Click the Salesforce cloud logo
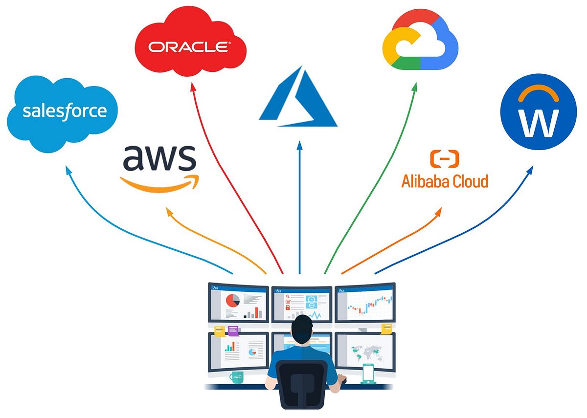pyautogui.click(x=64, y=111)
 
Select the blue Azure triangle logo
pyautogui.click(x=298, y=97)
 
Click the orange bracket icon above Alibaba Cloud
pyautogui.click(x=444, y=159)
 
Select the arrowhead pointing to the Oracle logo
pyautogui.click(x=192, y=86)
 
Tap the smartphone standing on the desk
pyautogui.click(x=368, y=374)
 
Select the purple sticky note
pyautogui.click(x=233, y=330)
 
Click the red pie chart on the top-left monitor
pyautogui.click(x=232, y=300)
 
